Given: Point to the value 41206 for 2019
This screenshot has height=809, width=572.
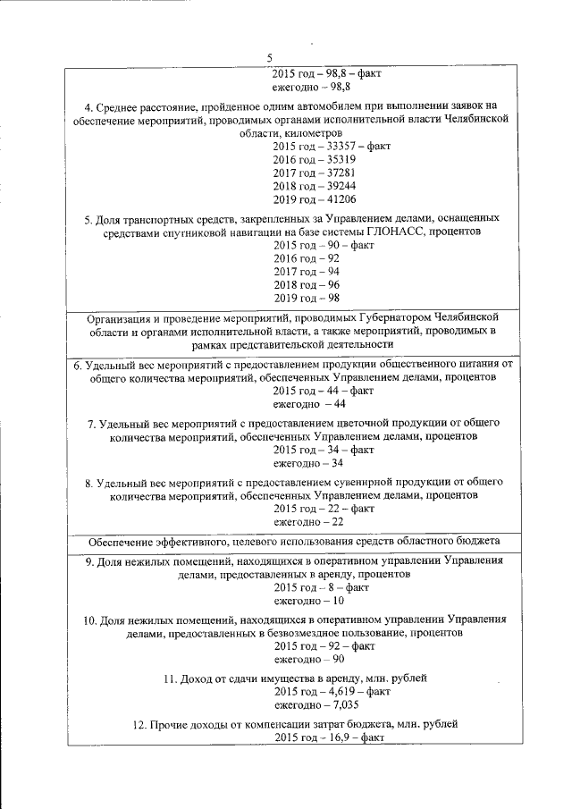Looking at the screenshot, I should (x=341, y=199).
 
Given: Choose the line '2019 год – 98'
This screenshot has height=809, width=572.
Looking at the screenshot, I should (x=306, y=299).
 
